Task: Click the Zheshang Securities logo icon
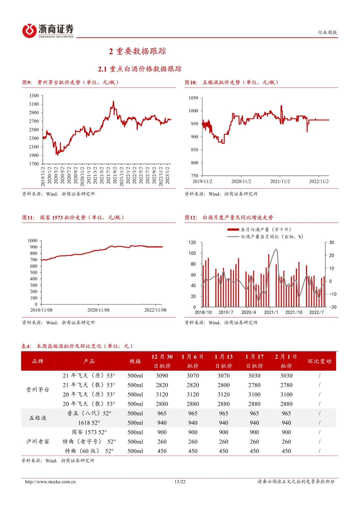29,31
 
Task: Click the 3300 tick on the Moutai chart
34,96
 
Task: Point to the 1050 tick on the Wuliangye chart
193,98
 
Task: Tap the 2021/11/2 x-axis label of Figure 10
280,181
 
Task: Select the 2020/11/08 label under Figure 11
98,310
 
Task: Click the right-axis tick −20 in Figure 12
333,307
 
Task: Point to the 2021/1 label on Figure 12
271,312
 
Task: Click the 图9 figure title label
27,82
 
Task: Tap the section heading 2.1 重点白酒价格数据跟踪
140,69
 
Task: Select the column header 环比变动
319,361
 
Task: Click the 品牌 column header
38,361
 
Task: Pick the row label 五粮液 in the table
38,418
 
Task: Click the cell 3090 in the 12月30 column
162,376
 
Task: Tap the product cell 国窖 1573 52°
89,432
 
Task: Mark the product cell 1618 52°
89,423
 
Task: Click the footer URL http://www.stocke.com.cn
50,482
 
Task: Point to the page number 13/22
180,482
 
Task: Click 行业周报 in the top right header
327,32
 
